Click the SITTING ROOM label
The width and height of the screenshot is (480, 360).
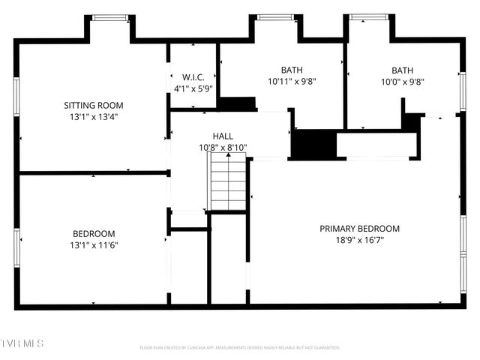[93, 106]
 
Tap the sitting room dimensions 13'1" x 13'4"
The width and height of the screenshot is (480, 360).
[93, 117]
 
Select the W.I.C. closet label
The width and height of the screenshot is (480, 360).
[193, 77]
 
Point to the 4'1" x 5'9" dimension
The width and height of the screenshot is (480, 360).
[193, 88]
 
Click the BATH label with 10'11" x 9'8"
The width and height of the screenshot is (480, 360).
[292, 70]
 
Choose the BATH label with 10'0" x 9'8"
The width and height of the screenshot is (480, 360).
[402, 70]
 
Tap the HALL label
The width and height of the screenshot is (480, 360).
[223, 136]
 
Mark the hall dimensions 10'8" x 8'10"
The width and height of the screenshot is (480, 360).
[223, 147]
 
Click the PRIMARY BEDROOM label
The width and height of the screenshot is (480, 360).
[359, 229]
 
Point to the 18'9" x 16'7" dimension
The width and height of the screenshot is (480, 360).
[359, 240]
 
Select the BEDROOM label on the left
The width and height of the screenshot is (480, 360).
[94, 233]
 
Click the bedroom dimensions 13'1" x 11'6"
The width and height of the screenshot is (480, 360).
[94, 244]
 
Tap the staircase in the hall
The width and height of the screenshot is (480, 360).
[228, 184]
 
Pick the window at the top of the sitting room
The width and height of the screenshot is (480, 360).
[110, 17]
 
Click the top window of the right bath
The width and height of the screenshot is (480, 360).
[367, 17]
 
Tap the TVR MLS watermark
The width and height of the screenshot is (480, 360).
[22, 343]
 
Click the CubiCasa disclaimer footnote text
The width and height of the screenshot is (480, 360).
[240, 348]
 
